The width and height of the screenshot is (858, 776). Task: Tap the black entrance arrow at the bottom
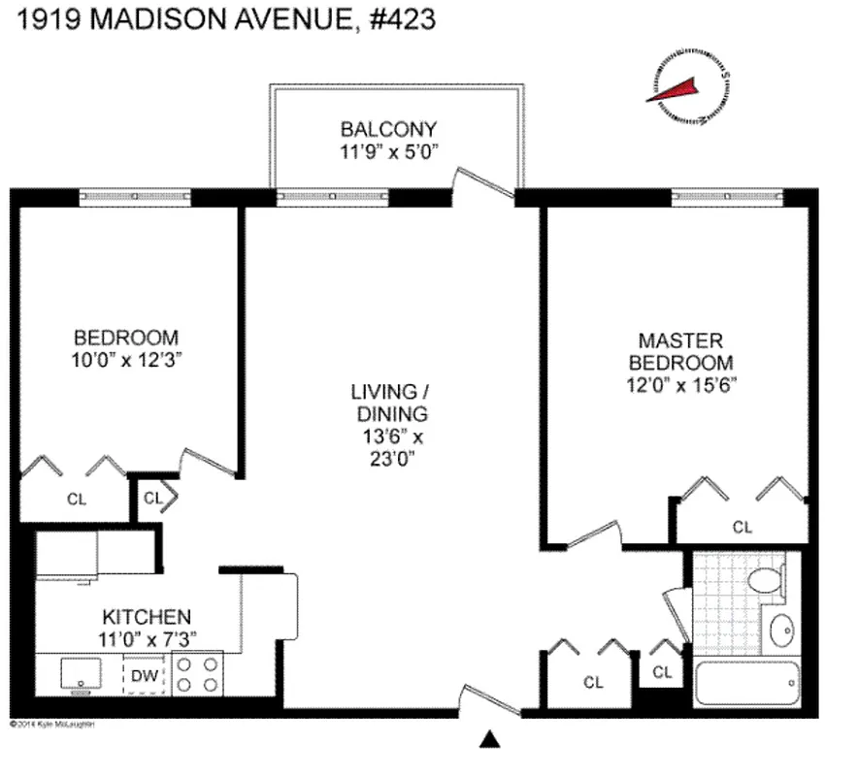click(490, 740)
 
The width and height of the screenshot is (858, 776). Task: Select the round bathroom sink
click(781, 633)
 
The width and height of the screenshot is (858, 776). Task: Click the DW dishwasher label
click(145, 674)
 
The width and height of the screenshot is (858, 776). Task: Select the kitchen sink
click(76, 672)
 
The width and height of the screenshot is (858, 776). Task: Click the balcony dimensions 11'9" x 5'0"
click(389, 152)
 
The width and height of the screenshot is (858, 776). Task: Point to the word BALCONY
click(388, 129)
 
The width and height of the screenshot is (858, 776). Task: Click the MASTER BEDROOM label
click(680, 351)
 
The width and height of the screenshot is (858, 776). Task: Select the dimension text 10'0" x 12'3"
click(127, 359)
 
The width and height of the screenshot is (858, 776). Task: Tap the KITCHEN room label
click(147, 617)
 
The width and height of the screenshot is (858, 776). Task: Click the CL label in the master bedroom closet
click(742, 528)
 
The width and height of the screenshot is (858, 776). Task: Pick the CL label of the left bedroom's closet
click(76, 500)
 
